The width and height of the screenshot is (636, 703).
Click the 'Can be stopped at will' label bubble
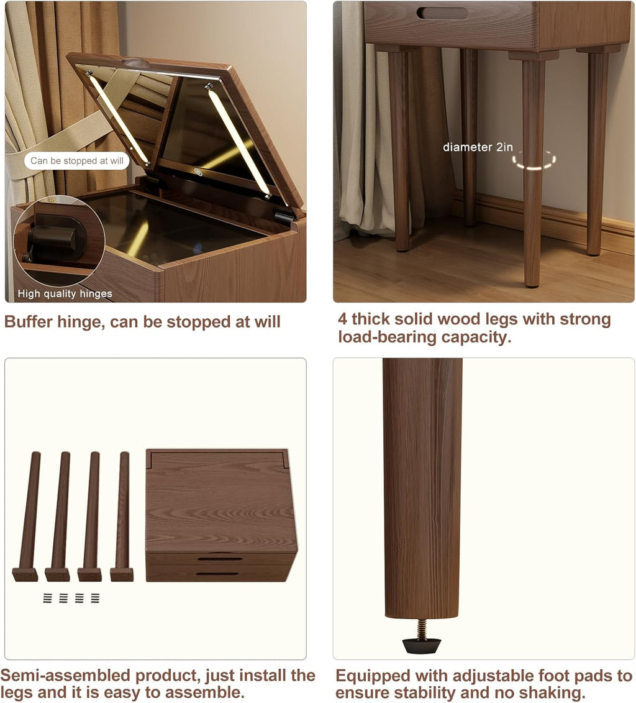click(76, 160)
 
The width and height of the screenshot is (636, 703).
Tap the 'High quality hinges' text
click(65, 293)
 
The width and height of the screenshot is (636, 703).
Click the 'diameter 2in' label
click(478, 147)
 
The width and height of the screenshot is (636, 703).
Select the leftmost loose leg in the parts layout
click(27, 516)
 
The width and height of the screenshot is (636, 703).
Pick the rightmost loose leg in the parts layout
click(122, 516)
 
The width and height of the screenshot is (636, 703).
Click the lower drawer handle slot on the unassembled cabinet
click(217, 574)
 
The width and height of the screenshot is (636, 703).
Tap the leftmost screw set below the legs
click(47, 597)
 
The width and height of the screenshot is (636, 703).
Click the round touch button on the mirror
click(198, 172)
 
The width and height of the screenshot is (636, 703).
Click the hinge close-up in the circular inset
click(59, 241)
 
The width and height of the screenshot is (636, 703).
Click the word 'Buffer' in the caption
click(28, 322)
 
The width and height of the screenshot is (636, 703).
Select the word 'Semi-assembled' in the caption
click(66, 675)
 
